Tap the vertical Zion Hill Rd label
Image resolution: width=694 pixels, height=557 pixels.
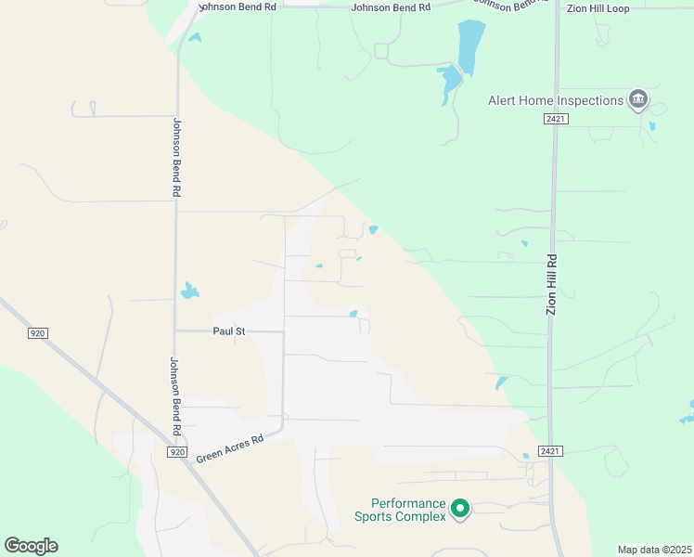pos(551,284)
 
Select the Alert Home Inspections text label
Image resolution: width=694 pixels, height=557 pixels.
pos(556,100)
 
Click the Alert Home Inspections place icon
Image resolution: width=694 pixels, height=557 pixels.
pos(637,99)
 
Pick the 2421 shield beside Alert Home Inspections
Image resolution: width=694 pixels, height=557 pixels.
pos(556,120)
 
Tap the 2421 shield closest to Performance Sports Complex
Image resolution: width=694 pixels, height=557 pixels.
pos(551,451)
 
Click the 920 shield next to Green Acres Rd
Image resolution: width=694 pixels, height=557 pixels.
pos(177,452)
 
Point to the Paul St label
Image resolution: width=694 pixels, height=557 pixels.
pos(228,330)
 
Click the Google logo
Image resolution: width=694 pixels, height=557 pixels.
pos(31,546)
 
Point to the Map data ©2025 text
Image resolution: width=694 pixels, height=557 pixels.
pos(654,550)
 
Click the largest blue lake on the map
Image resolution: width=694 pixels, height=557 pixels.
pos(470,46)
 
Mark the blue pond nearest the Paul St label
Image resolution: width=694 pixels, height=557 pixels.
pos(189,291)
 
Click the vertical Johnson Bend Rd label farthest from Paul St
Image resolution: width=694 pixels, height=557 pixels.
pos(176,156)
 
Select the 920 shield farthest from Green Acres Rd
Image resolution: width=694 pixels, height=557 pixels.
pos(37,332)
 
